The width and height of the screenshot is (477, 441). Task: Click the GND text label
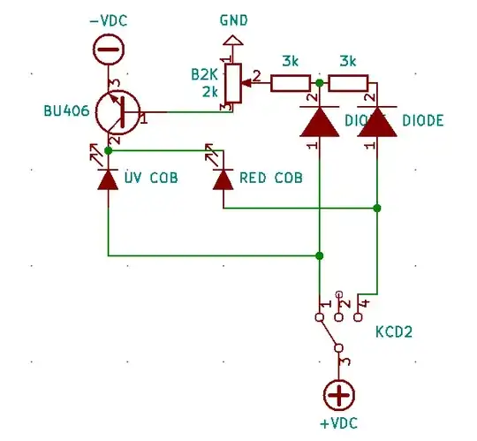(234, 19)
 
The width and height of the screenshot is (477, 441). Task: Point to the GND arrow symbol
(234, 40)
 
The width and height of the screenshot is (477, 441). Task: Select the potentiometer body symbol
(234, 84)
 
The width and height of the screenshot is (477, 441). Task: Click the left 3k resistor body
(290, 84)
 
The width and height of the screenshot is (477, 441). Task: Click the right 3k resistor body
(348, 84)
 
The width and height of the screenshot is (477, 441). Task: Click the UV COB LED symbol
(108, 179)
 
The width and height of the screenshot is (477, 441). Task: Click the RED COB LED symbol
(223, 179)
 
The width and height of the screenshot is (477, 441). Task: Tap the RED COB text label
(271, 179)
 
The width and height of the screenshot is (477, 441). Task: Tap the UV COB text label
(151, 179)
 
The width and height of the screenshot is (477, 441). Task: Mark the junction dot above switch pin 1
(320, 255)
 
